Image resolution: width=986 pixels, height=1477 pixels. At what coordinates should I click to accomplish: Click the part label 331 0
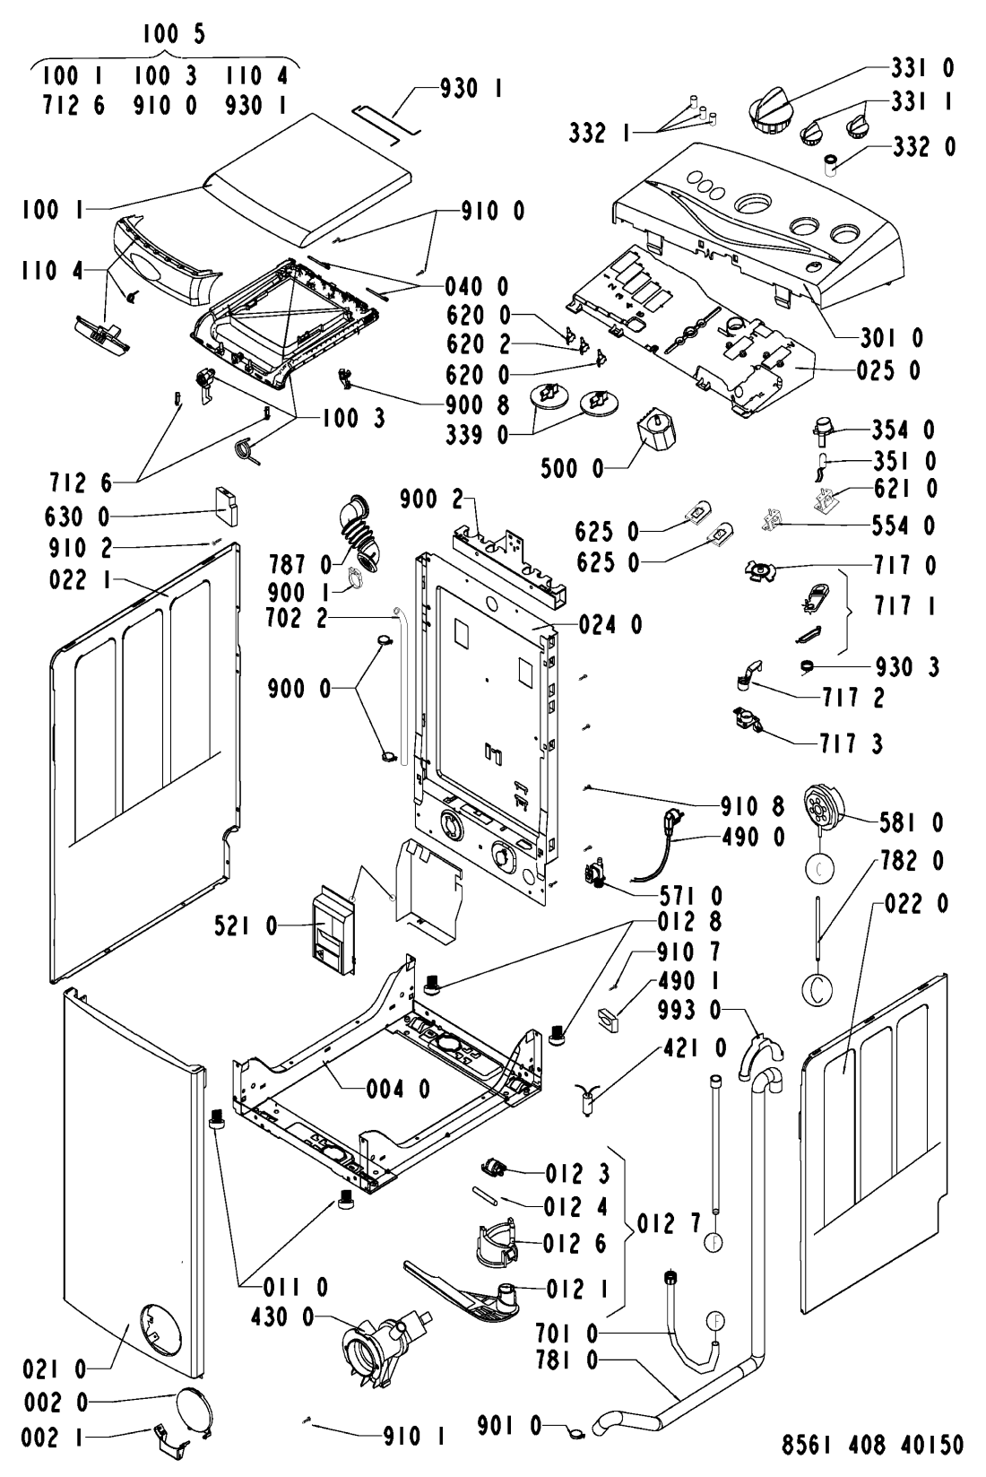click(922, 67)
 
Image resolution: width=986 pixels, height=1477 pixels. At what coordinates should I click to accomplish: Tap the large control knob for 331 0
click(767, 114)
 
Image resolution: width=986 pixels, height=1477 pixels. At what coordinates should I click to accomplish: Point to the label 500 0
click(571, 467)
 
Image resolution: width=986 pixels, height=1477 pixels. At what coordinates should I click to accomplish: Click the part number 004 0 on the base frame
click(398, 1089)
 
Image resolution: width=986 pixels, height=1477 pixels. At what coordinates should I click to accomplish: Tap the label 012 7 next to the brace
click(668, 1222)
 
